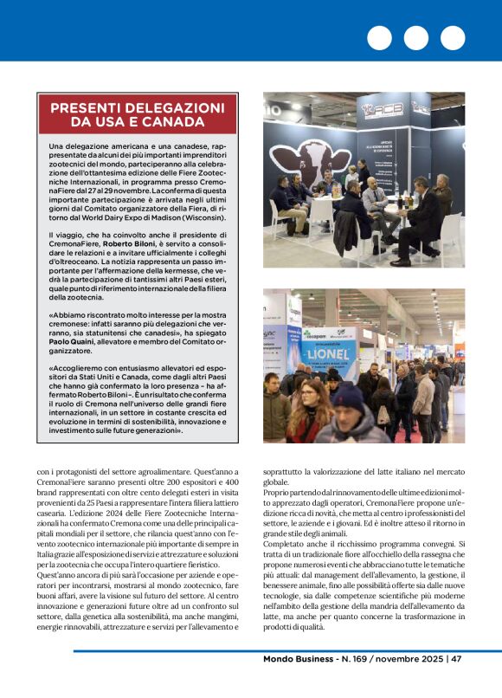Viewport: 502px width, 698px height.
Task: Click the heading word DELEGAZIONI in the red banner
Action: click(176, 107)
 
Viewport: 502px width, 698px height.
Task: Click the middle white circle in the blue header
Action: click(415, 38)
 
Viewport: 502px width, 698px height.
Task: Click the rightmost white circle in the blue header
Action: click(452, 38)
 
